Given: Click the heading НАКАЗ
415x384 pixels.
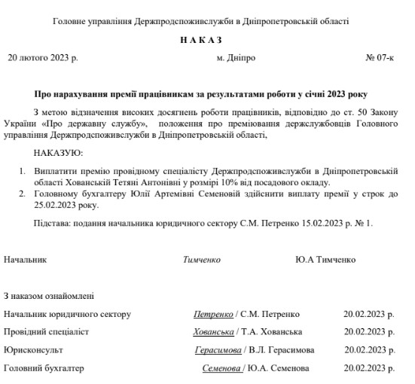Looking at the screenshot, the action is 201,40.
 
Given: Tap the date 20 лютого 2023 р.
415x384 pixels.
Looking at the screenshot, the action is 42,57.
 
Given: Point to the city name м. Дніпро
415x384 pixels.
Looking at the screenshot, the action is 236,57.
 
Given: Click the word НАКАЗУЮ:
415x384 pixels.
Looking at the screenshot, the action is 58,153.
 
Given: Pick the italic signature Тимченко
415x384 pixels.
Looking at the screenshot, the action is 201,259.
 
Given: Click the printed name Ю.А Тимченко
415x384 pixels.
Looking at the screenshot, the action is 325,259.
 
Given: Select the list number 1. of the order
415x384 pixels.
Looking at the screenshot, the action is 23,172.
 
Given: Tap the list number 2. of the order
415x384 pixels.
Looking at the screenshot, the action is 23,194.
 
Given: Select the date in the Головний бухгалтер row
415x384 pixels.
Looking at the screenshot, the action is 368,368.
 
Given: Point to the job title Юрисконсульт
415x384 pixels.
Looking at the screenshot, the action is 33,350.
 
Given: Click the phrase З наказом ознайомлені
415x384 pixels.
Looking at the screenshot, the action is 49,296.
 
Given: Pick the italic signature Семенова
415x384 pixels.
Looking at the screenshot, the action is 221,368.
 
